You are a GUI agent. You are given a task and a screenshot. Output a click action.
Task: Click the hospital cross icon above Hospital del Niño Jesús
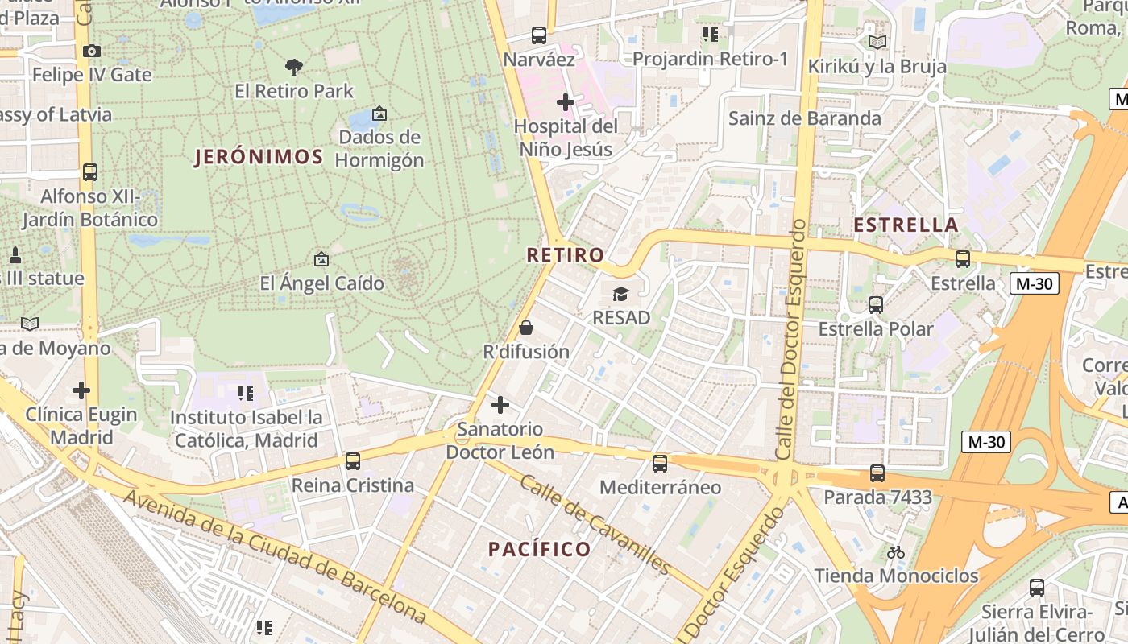(566, 102)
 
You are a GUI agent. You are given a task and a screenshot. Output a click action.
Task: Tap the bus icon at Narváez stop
(539, 35)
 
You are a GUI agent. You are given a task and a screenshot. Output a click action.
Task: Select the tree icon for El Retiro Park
(294, 67)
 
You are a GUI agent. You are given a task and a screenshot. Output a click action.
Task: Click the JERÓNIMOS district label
(259, 157)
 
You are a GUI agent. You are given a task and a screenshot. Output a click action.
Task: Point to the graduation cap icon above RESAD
(620, 294)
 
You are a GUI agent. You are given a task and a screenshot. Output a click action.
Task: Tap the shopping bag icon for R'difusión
(526, 328)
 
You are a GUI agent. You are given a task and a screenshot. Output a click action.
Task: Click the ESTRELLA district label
(906, 225)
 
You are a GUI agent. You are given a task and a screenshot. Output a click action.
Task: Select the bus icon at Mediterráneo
(660, 463)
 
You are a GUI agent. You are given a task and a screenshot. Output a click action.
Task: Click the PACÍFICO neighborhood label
(540, 550)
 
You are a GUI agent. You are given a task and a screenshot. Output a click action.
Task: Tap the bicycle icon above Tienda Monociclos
(896, 552)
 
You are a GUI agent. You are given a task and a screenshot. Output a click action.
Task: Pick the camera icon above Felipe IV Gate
(92, 51)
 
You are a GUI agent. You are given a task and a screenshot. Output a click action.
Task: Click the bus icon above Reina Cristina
(353, 461)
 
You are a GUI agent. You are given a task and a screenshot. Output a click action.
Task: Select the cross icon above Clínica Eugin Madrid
(81, 390)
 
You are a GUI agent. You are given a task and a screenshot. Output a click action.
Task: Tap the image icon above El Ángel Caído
(321, 259)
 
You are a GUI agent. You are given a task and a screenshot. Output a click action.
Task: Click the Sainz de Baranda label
(805, 118)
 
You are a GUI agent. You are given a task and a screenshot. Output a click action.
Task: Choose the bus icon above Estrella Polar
(876, 305)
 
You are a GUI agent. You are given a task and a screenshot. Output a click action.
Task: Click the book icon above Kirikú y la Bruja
(877, 42)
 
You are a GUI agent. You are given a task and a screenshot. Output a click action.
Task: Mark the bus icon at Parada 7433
(877, 473)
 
